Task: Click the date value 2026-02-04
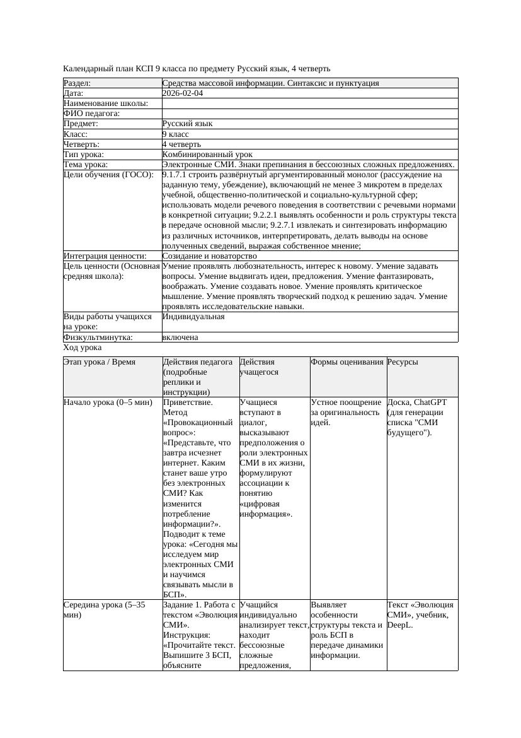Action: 183,93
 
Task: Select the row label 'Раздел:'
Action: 77,83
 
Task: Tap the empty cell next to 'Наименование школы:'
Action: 309,103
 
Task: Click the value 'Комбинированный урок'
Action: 207,155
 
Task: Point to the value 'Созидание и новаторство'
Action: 209,256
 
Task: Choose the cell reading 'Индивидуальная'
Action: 193,317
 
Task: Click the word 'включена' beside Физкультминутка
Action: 180,337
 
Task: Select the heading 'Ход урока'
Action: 83,348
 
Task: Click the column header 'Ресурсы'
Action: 403,362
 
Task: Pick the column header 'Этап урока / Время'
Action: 100,362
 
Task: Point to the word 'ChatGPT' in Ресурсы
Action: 430,402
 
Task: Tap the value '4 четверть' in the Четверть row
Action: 181,144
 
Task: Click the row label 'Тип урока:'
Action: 84,155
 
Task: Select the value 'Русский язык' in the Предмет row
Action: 187,124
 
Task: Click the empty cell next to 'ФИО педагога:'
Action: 309,114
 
